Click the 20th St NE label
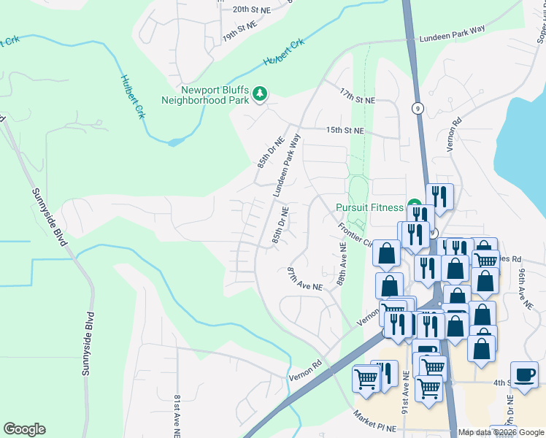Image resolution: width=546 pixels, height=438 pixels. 251,9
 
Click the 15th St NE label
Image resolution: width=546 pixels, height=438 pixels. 345,131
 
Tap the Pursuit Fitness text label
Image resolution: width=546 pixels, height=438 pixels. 369,207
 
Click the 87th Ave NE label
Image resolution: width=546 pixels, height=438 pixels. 304,279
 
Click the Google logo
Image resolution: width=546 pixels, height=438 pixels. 24,429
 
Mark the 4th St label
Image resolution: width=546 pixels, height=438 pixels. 501,383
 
